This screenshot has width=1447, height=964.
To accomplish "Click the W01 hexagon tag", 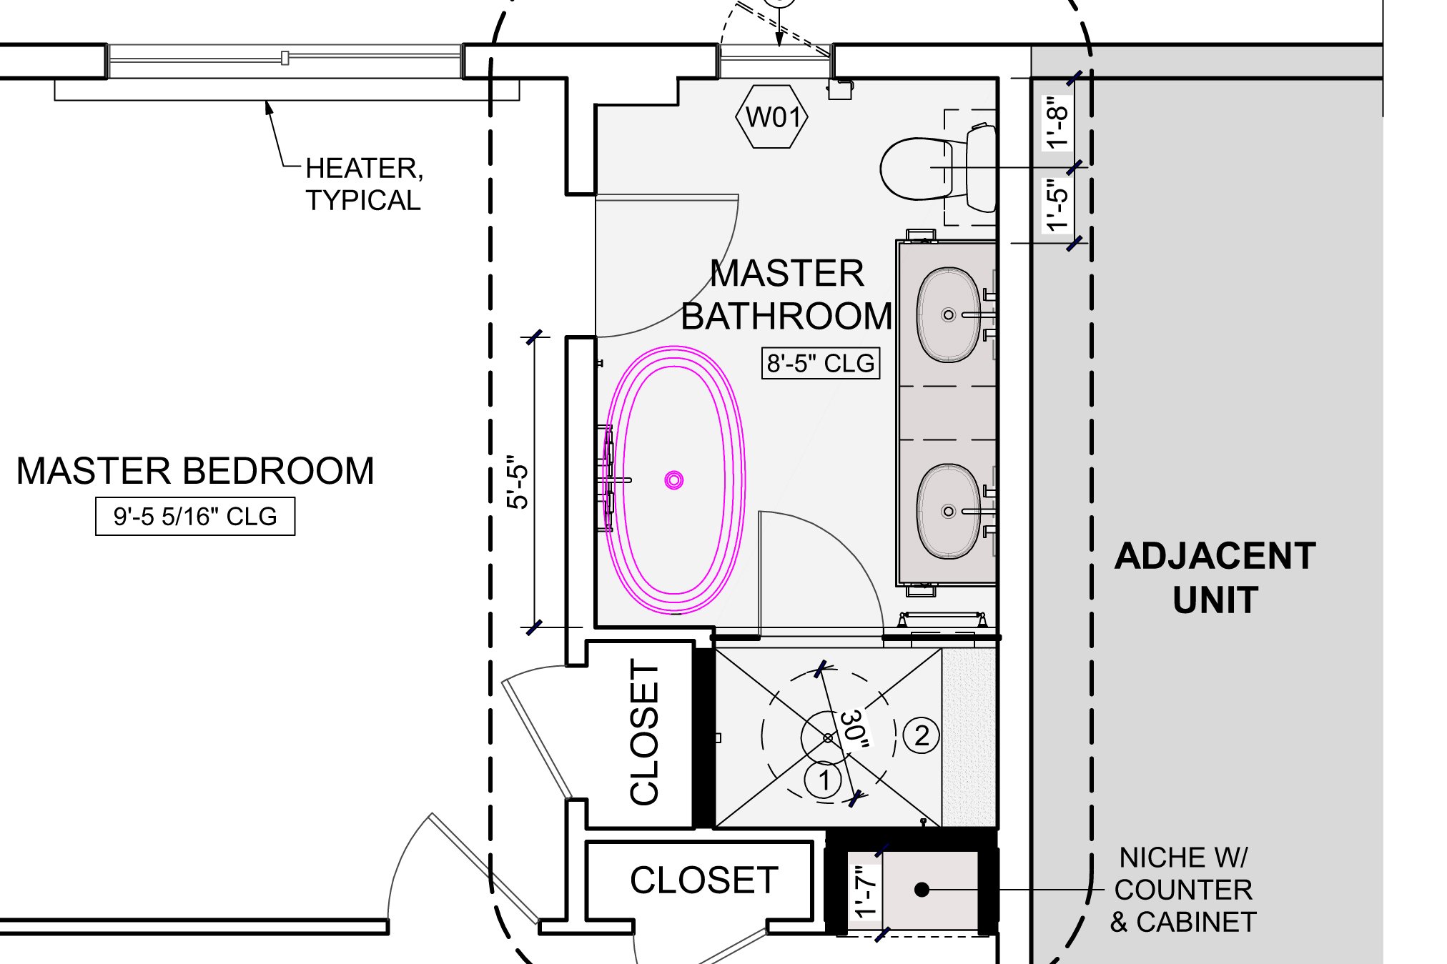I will click(x=772, y=116).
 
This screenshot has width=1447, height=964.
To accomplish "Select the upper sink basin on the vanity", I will click(x=949, y=314).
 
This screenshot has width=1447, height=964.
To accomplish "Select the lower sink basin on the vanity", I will click(x=949, y=511).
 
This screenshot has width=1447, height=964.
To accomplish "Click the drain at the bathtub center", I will click(x=674, y=480).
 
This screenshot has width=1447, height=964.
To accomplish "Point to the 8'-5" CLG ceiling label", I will click(x=820, y=363).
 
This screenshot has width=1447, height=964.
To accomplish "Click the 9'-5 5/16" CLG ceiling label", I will click(x=194, y=516).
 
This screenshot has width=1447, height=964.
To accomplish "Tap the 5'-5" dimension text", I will click(x=518, y=482).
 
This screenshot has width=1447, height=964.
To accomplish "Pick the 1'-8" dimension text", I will click(x=1057, y=122).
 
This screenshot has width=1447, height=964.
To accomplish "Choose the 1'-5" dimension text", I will click(x=1057, y=205).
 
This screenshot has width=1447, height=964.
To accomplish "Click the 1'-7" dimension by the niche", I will click(x=865, y=891).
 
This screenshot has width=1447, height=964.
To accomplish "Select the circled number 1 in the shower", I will click(x=824, y=780).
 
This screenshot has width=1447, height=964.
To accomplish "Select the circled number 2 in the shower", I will click(x=922, y=735).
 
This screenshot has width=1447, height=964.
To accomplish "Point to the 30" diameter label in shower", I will click(x=854, y=730).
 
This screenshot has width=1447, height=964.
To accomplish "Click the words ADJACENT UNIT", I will click(x=1215, y=577).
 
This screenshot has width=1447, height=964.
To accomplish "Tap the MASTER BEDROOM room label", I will click(x=195, y=472).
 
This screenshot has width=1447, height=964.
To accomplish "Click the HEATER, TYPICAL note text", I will click(x=364, y=184).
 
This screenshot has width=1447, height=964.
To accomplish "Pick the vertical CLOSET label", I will click(x=644, y=732).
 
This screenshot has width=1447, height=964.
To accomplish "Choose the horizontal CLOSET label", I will click(x=703, y=880).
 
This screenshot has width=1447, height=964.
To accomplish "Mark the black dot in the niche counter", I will click(x=922, y=890).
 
